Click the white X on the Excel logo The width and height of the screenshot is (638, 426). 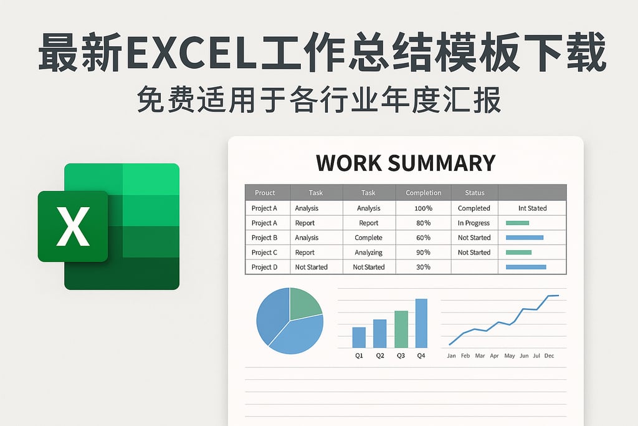tap(73, 226)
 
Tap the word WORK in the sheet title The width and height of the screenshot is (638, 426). tap(348, 163)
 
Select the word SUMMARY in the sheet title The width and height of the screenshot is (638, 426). tap(441, 163)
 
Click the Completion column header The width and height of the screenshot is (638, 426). tap(423, 193)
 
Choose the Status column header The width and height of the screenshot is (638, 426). tap(474, 193)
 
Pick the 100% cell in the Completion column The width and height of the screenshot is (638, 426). tap(423, 208)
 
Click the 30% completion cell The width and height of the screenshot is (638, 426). tap(423, 267)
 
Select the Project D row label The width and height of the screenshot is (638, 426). tap(264, 267)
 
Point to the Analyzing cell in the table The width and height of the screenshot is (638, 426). tap(369, 253)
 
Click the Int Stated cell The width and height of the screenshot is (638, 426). tap(532, 208)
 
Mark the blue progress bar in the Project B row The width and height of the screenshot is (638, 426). tap(525, 238)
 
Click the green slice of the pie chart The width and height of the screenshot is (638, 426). tap(303, 303)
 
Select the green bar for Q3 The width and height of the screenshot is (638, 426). tap(401, 329)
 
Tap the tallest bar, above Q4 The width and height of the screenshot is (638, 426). tap(421, 323)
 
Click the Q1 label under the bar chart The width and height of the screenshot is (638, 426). tap(359, 356)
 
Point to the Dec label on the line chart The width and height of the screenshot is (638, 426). tap(549, 356)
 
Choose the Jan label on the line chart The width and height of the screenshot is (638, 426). tap(451, 356)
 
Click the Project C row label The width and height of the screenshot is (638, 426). tap(264, 253)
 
